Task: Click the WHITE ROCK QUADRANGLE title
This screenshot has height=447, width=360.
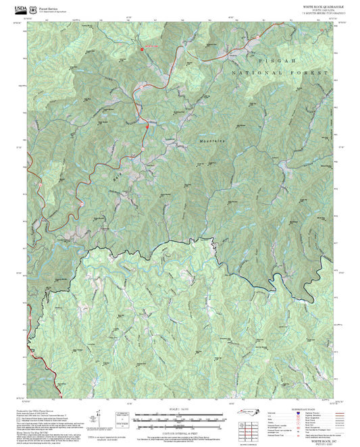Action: [x=323, y=5]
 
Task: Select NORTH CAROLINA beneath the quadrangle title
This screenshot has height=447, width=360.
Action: [x=323, y=9]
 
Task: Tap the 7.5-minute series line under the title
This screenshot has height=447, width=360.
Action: [x=323, y=13]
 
